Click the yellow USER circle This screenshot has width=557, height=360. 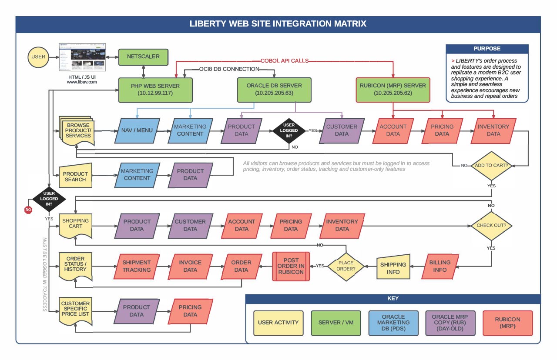(38, 57)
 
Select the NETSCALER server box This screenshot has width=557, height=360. (143, 57)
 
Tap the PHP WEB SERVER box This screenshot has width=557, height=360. (155, 90)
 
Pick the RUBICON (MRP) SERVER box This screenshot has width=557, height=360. (393, 90)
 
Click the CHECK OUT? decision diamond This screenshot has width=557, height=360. (491, 226)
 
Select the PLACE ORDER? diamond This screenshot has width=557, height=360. (346, 266)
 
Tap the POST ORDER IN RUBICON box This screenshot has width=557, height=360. (291, 266)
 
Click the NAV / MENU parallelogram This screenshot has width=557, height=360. (138, 130)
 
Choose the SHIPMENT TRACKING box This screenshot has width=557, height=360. (136, 266)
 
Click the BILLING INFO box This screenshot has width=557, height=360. (440, 266)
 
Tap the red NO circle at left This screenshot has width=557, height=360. (28, 210)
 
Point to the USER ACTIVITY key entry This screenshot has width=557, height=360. (278, 323)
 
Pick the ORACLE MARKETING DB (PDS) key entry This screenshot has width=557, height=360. (393, 323)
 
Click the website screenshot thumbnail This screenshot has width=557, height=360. (83, 57)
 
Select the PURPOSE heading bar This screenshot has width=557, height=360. (487, 49)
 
